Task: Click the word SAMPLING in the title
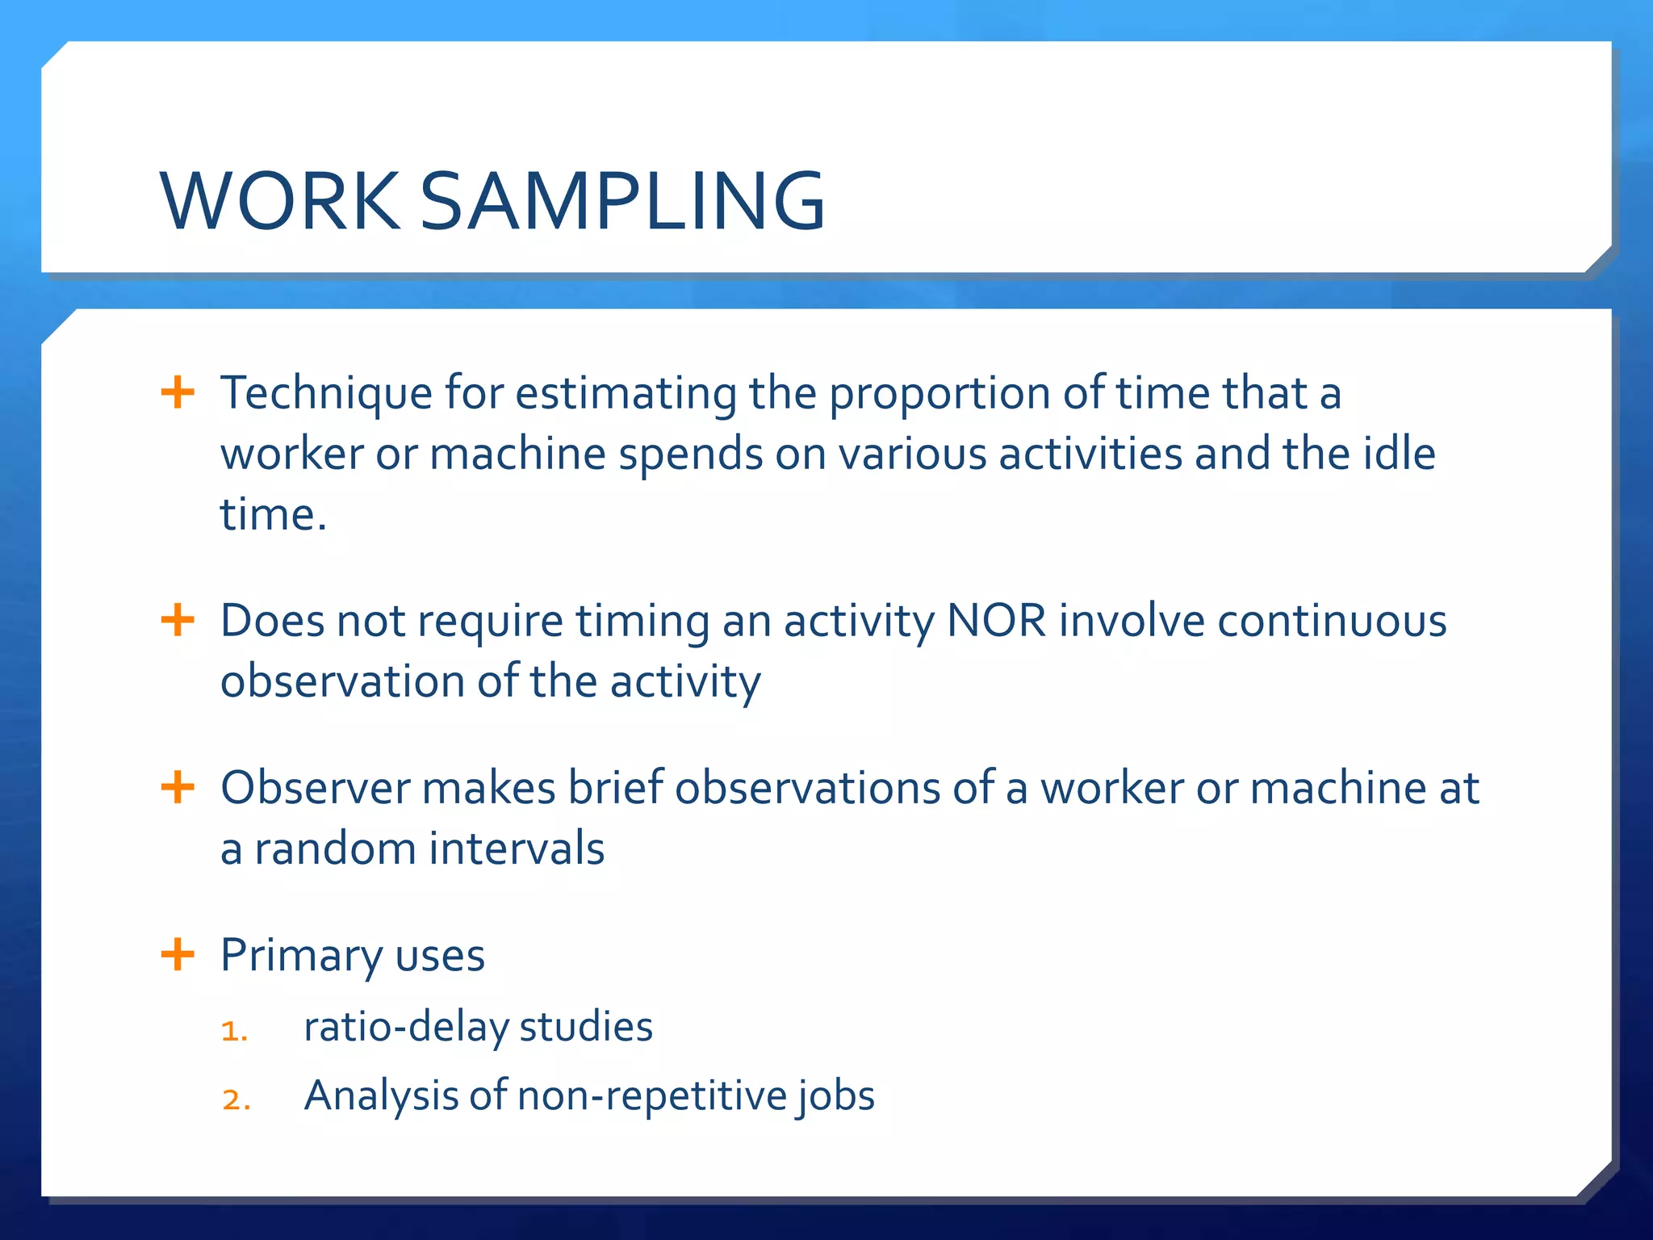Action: click(622, 201)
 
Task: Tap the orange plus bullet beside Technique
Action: click(178, 393)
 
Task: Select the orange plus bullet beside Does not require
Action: click(178, 621)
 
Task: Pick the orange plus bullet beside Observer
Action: click(178, 787)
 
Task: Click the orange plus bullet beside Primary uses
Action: click(178, 955)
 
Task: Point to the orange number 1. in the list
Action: click(234, 1031)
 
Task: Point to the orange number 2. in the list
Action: click(236, 1100)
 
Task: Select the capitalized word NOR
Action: click(996, 622)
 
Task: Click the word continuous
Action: click(1332, 622)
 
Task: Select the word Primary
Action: click(301, 957)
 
